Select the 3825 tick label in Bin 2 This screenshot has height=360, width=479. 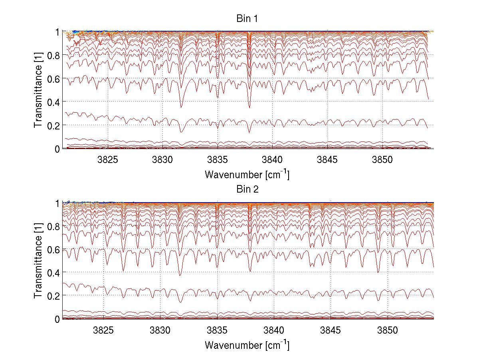coord(103,330)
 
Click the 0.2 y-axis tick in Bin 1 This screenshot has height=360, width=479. coord(54,125)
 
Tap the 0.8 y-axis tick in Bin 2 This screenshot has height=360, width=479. coord(54,226)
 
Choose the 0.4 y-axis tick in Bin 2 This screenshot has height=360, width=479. coord(54,272)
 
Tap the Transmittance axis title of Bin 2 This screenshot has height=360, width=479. coord(38,261)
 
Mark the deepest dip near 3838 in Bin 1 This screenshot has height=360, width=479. coord(249,107)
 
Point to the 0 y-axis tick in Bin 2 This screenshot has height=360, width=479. coord(58,319)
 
